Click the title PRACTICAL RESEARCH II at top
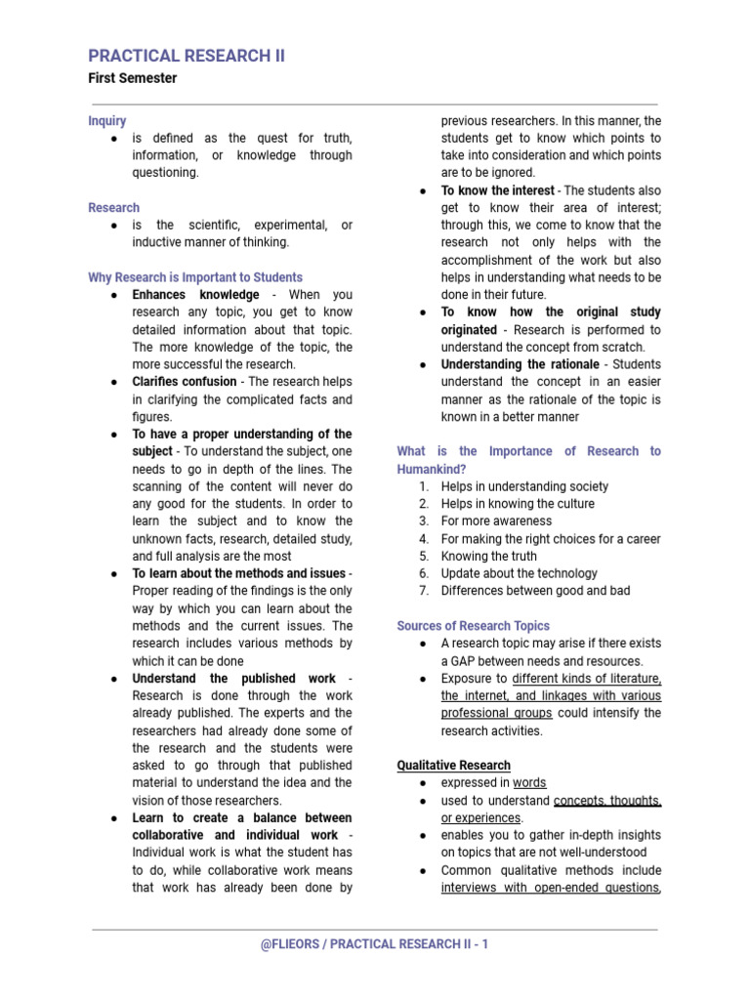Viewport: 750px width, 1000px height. point(187,56)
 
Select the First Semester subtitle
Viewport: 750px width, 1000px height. point(133,78)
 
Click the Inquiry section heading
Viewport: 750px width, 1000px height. point(107,121)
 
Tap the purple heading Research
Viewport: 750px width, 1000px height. point(113,208)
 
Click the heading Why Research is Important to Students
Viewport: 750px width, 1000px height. point(195,277)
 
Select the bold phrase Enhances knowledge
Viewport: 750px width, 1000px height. point(195,295)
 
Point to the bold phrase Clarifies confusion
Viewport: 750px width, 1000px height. point(184,382)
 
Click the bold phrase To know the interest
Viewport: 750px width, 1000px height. point(497,190)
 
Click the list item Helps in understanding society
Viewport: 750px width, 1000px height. point(524,486)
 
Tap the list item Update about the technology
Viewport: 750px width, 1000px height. point(520,573)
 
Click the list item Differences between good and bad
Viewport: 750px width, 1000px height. point(535,591)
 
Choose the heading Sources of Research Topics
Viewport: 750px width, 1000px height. point(474,626)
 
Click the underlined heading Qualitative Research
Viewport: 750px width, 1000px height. point(454,766)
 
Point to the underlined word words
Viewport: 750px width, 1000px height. point(530,783)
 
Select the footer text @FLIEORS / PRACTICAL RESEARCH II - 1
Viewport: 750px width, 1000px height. point(375,944)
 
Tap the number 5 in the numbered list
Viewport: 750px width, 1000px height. point(424,556)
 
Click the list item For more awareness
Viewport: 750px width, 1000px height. point(496,521)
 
